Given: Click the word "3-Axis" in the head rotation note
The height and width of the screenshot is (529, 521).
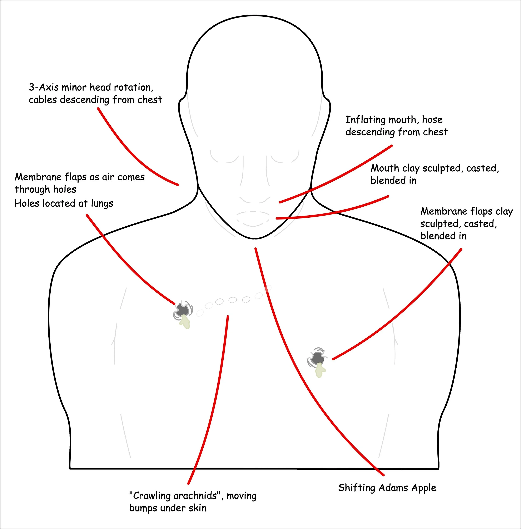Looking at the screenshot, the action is click(x=44, y=87).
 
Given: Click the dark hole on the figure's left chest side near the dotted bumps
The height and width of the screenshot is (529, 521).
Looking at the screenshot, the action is click(x=182, y=309).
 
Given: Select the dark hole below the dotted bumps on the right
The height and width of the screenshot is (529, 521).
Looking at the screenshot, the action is click(x=317, y=358).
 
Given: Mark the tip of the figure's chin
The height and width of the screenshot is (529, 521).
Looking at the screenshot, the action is click(x=255, y=238).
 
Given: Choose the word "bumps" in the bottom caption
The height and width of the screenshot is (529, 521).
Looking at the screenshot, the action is click(x=143, y=508).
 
